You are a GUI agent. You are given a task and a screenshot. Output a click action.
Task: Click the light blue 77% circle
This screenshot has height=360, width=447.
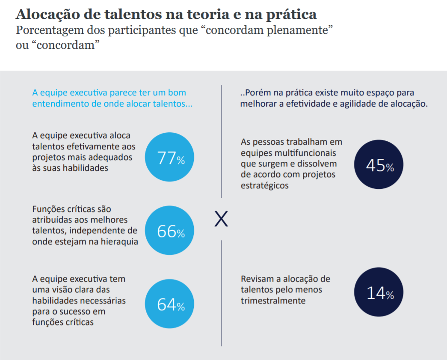point(169,158)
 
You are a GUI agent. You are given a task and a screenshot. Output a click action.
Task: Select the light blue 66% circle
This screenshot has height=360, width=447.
point(169,231)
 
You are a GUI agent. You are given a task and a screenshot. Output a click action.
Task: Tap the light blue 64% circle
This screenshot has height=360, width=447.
point(169,305)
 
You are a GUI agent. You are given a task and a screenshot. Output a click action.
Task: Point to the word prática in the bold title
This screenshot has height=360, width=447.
point(293,15)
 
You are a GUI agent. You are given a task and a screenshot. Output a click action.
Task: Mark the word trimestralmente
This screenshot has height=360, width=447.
point(273,300)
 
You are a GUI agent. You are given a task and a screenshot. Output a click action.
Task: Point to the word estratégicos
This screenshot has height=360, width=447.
point(264,185)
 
